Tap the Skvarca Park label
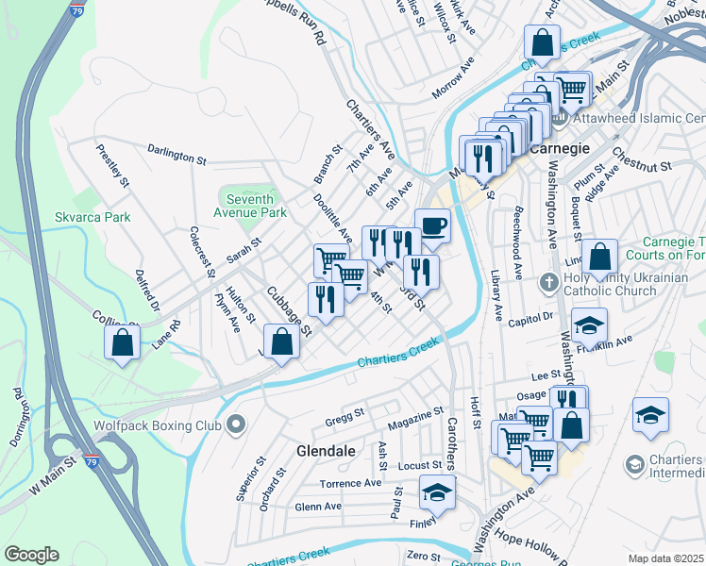click(x=119, y=217)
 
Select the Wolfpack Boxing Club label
click(x=156, y=424)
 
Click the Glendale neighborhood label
click(x=327, y=451)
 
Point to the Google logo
click(x=31, y=555)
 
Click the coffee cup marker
click(x=432, y=225)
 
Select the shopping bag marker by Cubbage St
click(x=281, y=341)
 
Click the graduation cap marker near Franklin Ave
click(x=589, y=325)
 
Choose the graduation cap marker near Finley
click(x=436, y=492)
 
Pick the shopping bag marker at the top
click(x=542, y=42)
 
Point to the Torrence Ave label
click(x=350, y=483)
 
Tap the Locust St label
click(x=420, y=465)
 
